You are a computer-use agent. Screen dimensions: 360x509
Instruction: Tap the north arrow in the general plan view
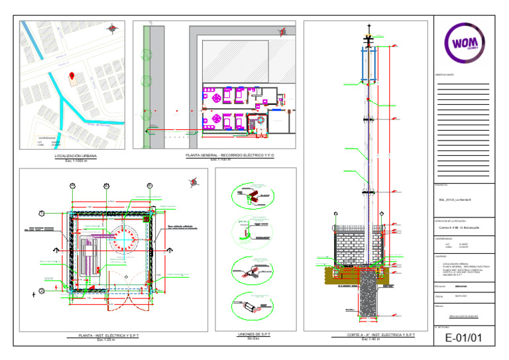tap(283, 30)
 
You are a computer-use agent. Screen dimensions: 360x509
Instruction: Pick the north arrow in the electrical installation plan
tap(194, 182)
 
